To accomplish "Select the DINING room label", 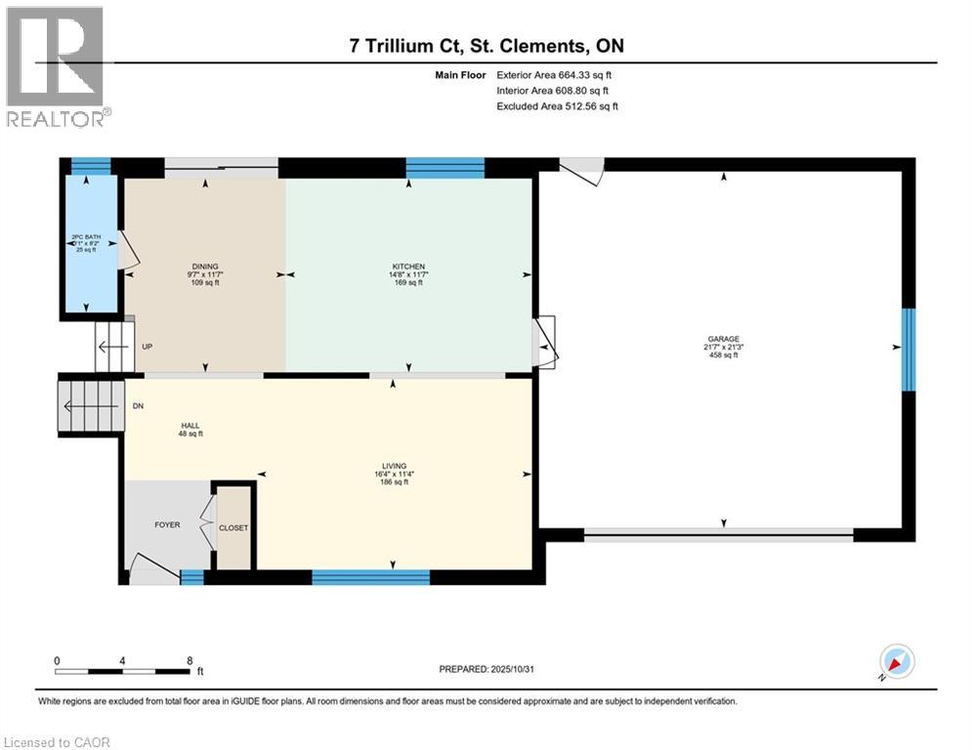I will point(205,267).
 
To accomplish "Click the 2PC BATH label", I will point(86,236).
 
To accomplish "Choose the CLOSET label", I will point(233,527).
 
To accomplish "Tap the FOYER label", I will point(167,524).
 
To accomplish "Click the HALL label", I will point(190,426).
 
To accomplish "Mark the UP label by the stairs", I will point(148,347).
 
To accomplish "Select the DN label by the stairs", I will point(139,406).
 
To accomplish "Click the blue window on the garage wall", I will point(908,350).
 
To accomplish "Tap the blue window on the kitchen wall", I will point(444,167).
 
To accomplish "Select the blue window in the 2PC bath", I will point(91,166).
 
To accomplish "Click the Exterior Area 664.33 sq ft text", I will point(555,74).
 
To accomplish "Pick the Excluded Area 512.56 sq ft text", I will point(557,105).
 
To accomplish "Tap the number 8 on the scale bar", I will point(189,660).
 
